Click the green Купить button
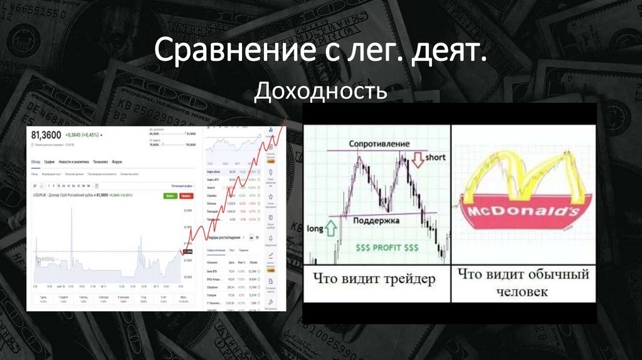tap(169, 196)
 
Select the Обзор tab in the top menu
tap(36, 162)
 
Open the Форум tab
tap(117, 162)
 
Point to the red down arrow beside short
tap(418, 162)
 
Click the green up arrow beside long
tap(332, 229)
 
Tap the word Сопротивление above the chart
tap(380, 144)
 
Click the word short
tap(435, 157)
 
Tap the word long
tap(315, 229)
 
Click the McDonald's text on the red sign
tap(519, 211)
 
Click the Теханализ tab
tap(101, 162)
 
